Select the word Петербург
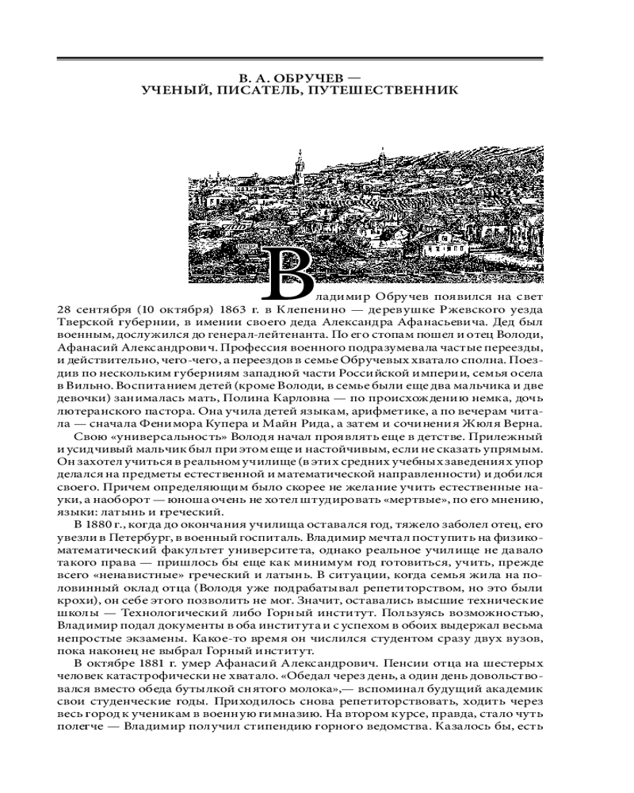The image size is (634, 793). point(124,536)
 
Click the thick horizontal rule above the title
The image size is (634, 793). point(300,59)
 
